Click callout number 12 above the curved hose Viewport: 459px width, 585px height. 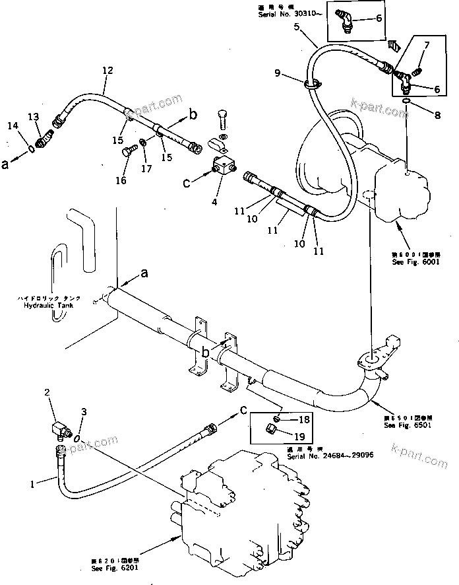click(x=107, y=70)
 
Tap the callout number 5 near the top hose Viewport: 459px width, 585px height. click(x=296, y=27)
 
